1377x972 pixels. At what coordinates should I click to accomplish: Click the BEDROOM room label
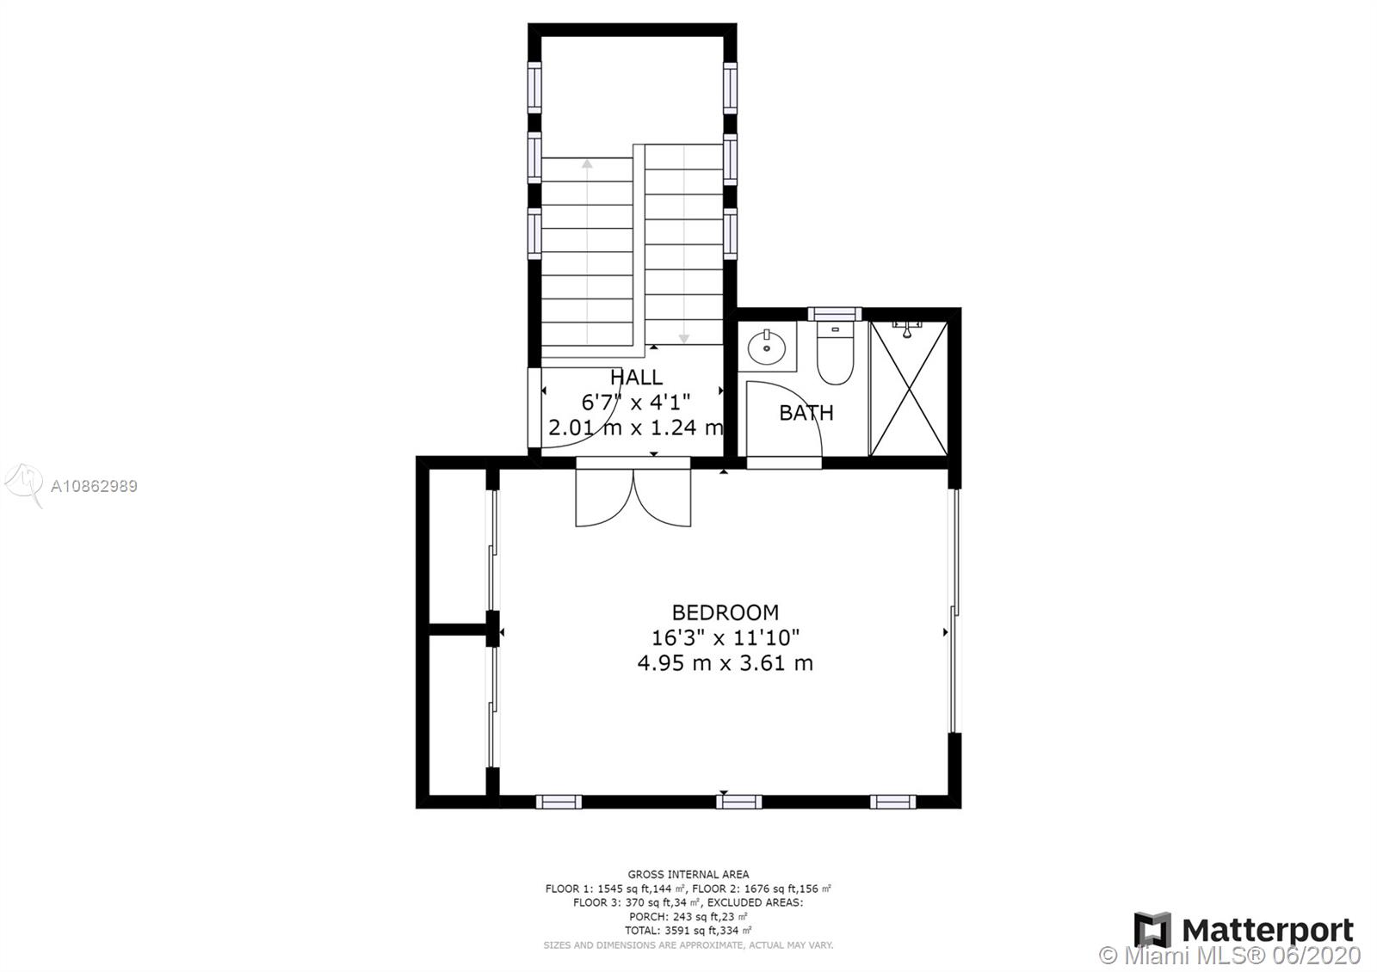tap(725, 612)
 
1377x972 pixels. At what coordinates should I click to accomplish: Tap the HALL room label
tap(636, 377)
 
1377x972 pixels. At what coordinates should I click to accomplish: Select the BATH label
tap(806, 413)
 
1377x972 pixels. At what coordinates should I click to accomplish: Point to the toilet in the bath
tap(836, 354)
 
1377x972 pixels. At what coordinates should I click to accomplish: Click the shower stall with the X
tap(909, 388)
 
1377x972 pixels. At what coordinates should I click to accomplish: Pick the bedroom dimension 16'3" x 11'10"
tap(725, 637)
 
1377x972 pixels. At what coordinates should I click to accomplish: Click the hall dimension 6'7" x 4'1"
tap(636, 403)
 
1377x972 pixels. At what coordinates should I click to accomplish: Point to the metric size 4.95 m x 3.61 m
tap(725, 663)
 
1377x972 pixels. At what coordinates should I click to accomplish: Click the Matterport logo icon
tap(1152, 930)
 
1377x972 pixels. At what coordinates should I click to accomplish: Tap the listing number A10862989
tap(94, 486)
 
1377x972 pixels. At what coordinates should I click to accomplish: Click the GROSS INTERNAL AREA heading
tap(688, 874)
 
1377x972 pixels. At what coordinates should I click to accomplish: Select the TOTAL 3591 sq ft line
tap(688, 931)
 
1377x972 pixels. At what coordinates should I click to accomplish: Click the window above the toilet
tap(835, 314)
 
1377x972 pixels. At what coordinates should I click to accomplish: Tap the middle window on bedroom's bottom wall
tap(739, 802)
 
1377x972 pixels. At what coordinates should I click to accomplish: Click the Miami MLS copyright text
tap(1230, 956)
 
